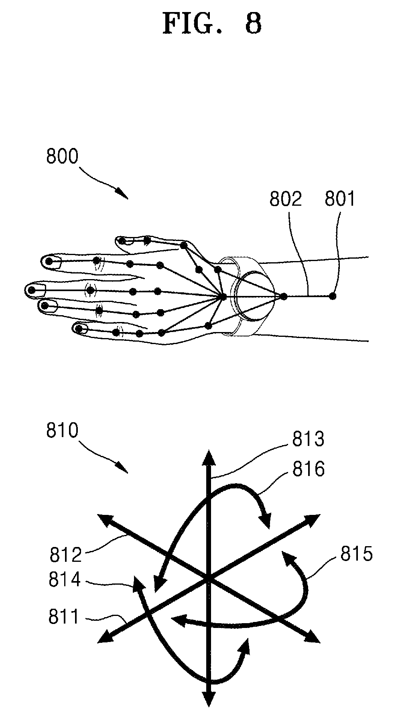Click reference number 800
coord(62,157)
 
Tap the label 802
coord(285,199)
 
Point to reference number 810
coord(62,431)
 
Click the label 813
coord(308,440)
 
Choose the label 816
coord(308,469)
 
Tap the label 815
coord(357,554)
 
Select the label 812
coord(66,555)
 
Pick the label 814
coord(65,580)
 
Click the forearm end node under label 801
coord(332,296)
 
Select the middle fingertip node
coord(32,290)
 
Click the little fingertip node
coord(79,329)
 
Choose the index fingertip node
coord(49,261)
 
